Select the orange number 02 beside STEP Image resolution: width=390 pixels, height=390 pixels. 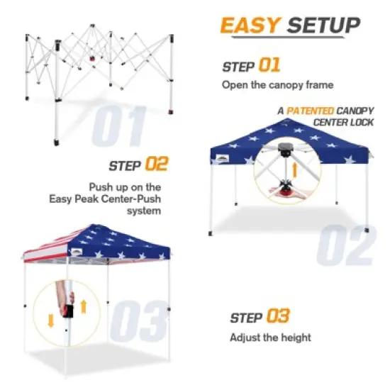coord(156,165)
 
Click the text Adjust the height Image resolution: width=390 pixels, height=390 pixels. coord(269,338)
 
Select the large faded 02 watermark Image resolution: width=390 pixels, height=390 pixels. coord(345,245)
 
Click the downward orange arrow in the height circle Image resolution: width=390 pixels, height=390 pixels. coord(50,320)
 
